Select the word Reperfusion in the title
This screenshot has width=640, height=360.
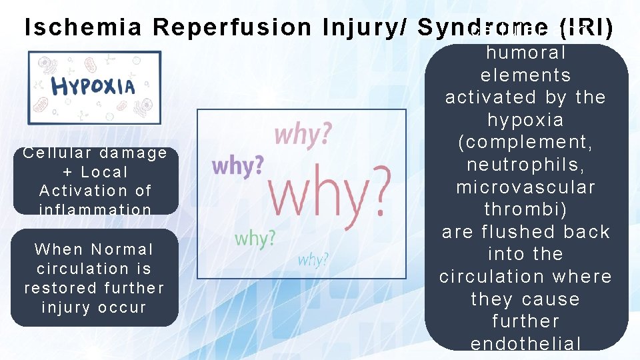coord(232,27)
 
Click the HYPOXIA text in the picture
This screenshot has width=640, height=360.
coord(93,85)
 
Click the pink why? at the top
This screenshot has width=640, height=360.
coord(303,135)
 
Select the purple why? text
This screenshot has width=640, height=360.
coord(237,165)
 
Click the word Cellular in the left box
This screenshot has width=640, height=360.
coord(52,153)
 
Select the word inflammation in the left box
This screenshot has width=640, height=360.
coord(95,209)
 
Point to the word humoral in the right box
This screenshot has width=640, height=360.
coord(525,52)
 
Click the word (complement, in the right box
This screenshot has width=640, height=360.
coord(525,142)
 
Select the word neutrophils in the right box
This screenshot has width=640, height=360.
coord(525,165)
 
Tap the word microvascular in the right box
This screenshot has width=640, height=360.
coord(525,187)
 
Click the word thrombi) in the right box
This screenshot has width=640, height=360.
coord(525,209)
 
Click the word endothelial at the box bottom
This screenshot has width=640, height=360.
coord(525,343)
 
